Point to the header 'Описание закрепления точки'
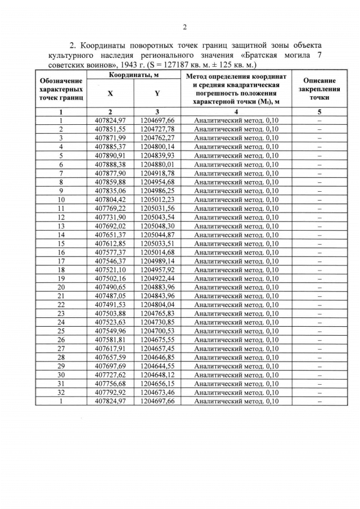pos(319,89)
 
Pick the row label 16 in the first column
pos(61,252)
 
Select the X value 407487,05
pos(110,296)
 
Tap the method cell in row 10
pos(236,200)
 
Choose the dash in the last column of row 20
pos(319,287)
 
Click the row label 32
pos(61,393)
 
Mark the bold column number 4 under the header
pos(236,111)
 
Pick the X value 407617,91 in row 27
pos(110,349)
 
